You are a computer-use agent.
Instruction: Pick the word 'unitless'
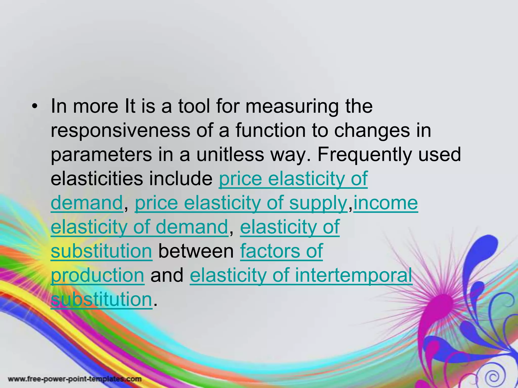click(x=230, y=155)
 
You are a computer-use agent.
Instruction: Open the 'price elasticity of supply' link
click(x=241, y=203)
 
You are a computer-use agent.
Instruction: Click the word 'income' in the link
click(x=385, y=203)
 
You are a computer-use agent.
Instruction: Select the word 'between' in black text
click(x=196, y=251)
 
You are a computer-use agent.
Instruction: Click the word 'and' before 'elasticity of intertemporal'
click(x=167, y=275)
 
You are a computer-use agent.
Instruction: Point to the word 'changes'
click(x=372, y=131)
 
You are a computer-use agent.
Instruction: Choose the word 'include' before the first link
click(x=181, y=179)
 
